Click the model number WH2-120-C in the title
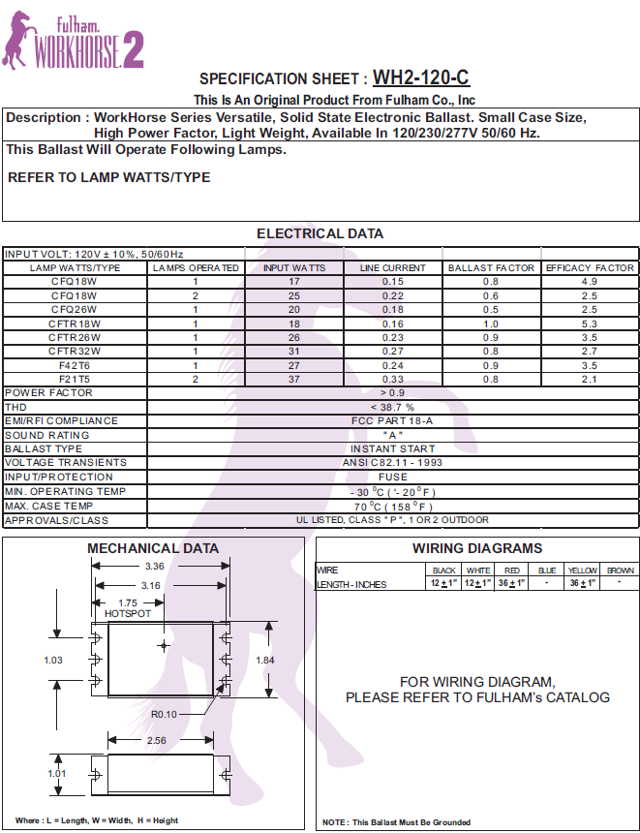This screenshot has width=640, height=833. click(421, 78)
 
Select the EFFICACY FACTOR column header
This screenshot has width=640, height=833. click(590, 267)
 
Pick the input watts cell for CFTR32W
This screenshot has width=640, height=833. click(295, 351)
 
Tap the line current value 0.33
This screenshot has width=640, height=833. click(393, 379)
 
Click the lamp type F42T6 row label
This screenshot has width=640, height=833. click(75, 365)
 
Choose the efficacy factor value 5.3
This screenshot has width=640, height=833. click(590, 323)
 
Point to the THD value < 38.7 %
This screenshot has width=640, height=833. click(392, 407)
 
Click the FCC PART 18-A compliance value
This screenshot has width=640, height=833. click(392, 420)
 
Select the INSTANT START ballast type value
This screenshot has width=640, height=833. click(392, 448)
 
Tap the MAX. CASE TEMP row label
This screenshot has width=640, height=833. click(49, 506)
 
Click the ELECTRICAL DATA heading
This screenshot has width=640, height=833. click(320, 233)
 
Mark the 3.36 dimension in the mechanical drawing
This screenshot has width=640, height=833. click(154, 567)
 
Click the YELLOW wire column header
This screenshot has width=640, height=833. click(583, 571)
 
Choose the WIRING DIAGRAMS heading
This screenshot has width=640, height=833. click(477, 548)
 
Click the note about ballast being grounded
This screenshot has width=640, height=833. click(397, 822)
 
